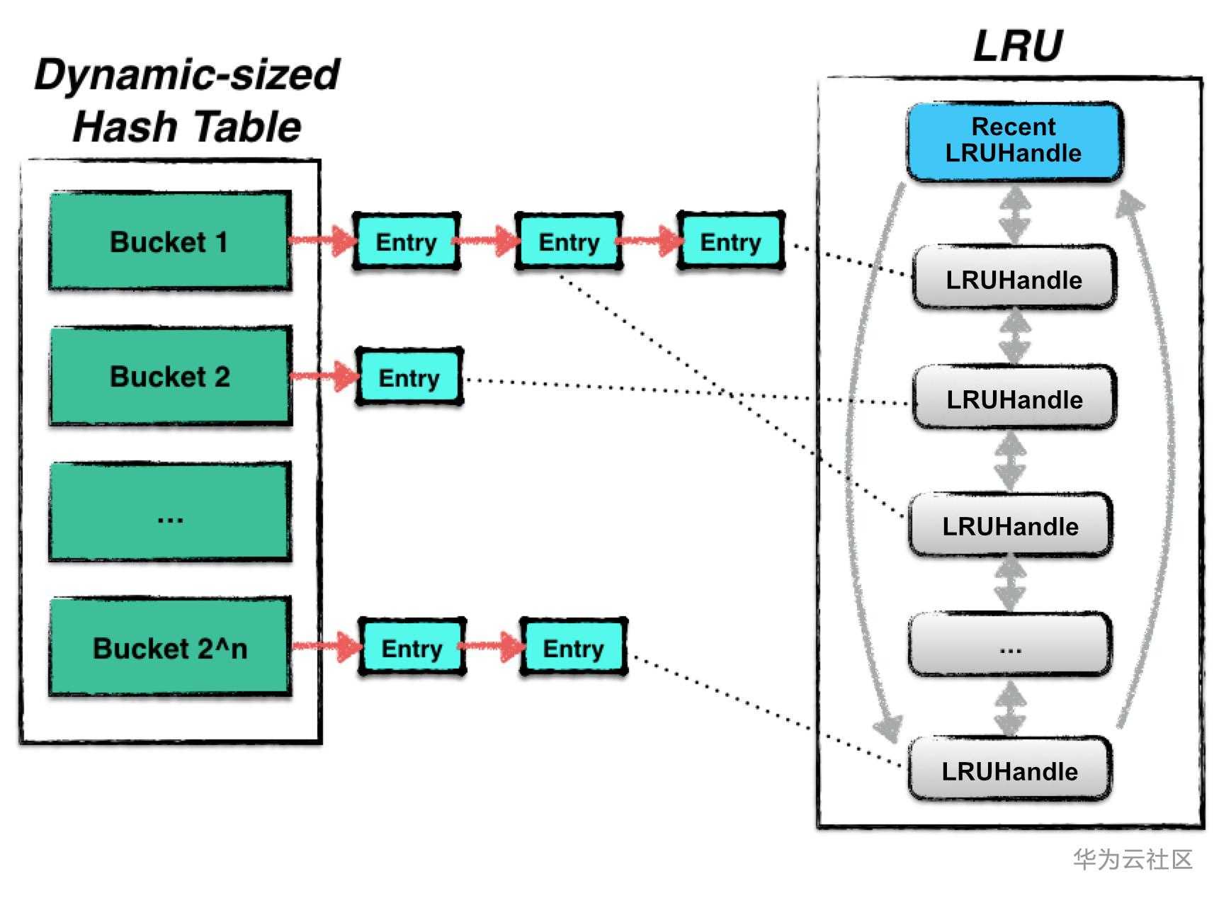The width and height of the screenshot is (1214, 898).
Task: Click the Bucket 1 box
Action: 170,241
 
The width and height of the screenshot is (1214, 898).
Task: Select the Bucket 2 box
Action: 170,376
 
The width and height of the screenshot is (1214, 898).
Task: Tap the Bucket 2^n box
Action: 170,647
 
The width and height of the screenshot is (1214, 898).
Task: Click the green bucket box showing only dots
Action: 170,512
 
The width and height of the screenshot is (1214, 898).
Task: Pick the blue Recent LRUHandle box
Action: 1014,140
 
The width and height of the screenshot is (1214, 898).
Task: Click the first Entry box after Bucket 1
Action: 406,241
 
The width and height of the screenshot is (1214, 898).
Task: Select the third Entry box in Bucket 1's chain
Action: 730,241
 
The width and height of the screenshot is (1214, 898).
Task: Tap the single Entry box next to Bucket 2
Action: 409,377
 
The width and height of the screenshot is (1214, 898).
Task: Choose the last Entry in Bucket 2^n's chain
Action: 573,647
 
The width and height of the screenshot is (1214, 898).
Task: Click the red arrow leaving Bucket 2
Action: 324,376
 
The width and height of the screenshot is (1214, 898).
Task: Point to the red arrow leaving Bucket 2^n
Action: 327,646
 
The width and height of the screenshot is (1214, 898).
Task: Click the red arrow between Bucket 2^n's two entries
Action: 493,646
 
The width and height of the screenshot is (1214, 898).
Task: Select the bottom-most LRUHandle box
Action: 1009,771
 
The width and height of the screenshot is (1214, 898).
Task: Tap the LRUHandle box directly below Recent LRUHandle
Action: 1014,279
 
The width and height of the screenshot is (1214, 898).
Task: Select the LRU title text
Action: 1017,46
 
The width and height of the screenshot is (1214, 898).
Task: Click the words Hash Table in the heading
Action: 187,127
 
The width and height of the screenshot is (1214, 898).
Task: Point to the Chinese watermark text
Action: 1132,859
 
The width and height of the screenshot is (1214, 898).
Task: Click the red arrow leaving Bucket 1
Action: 322,241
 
